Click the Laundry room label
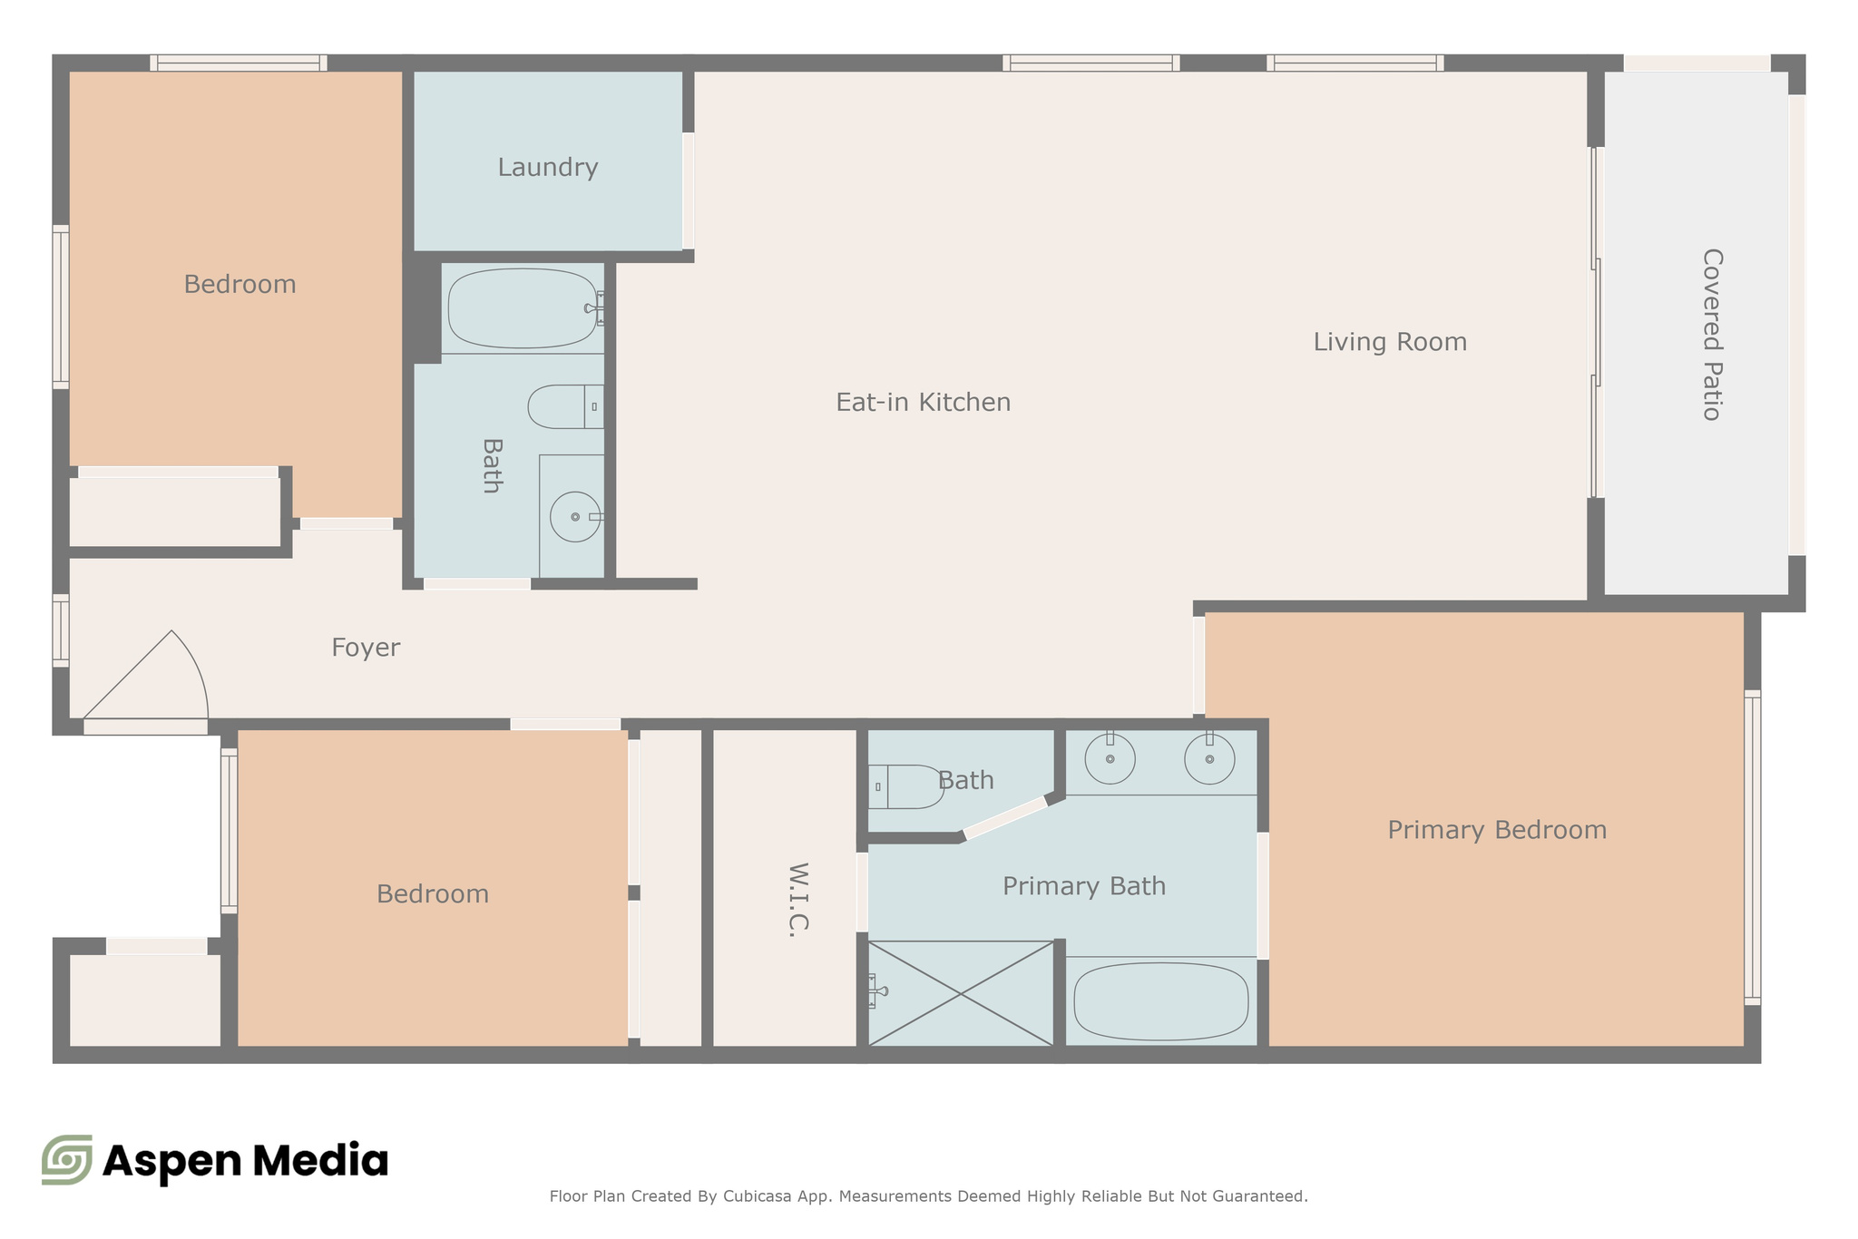(x=547, y=168)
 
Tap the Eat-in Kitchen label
(x=923, y=402)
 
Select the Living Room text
(x=1390, y=342)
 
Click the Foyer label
(x=366, y=648)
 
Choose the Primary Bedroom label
(x=1497, y=830)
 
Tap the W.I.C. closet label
(x=797, y=899)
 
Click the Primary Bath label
(x=1083, y=886)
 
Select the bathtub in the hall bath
(x=522, y=308)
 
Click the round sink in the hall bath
(x=575, y=517)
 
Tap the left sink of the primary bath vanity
(x=1110, y=758)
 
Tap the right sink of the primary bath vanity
(x=1209, y=758)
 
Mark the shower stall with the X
(x=961, y=993)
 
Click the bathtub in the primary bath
(x=1160, y=1001)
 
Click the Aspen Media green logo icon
(x=67, y=1159)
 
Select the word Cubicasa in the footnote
(x=760, y=1196)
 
